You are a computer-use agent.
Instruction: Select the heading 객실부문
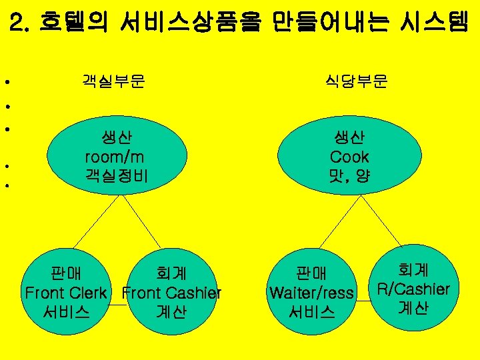coord(114,81)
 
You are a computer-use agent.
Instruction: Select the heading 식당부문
coord(357,81)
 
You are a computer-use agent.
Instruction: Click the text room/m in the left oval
coord(115,157)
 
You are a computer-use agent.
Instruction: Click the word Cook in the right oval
coord(349,157)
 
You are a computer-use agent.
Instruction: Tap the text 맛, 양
coord(349,176)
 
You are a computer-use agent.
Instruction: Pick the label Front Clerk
coord(65,293)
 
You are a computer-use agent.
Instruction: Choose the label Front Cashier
coord(172,293)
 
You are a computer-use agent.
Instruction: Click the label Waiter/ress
coord(311,293)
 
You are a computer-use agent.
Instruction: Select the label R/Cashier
coord(413,289)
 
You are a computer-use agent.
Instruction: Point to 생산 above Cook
coord(349,138)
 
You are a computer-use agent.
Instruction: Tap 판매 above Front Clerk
coord(65,273)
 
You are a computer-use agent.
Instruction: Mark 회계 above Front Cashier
coord(171,273)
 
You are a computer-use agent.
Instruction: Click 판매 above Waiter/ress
coord(311,273)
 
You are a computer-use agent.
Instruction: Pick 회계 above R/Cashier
coord(413,270)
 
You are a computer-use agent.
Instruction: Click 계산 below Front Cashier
coord(171,311)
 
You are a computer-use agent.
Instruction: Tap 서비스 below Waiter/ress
coord(311,311)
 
